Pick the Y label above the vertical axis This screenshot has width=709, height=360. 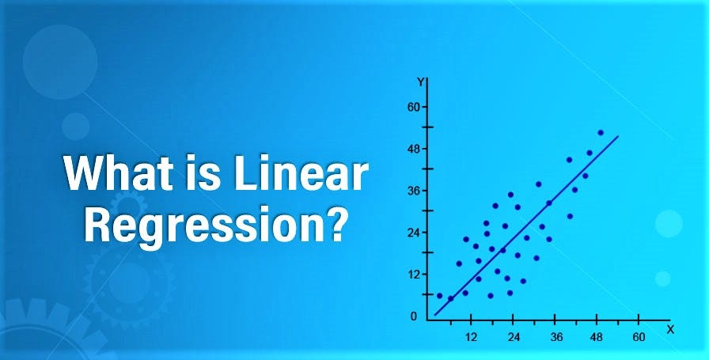pyautogui.click(x=422, y=81)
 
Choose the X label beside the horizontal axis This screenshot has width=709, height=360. pyautogui.click(x=670, y=328)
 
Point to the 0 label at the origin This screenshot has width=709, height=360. pyautogui.click(x=414, y=316)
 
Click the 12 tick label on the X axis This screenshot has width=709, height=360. pyautogui.click(x=470, y=337)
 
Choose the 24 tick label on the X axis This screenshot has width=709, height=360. pyautogui.click(x=513, y=337)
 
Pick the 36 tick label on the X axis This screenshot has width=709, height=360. pyautogui.click(x=555, y=337)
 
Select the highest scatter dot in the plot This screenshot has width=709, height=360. pyautogui.click(x=601, y=133)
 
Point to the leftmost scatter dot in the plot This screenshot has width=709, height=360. pyautogui.click(x=440, y=296)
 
